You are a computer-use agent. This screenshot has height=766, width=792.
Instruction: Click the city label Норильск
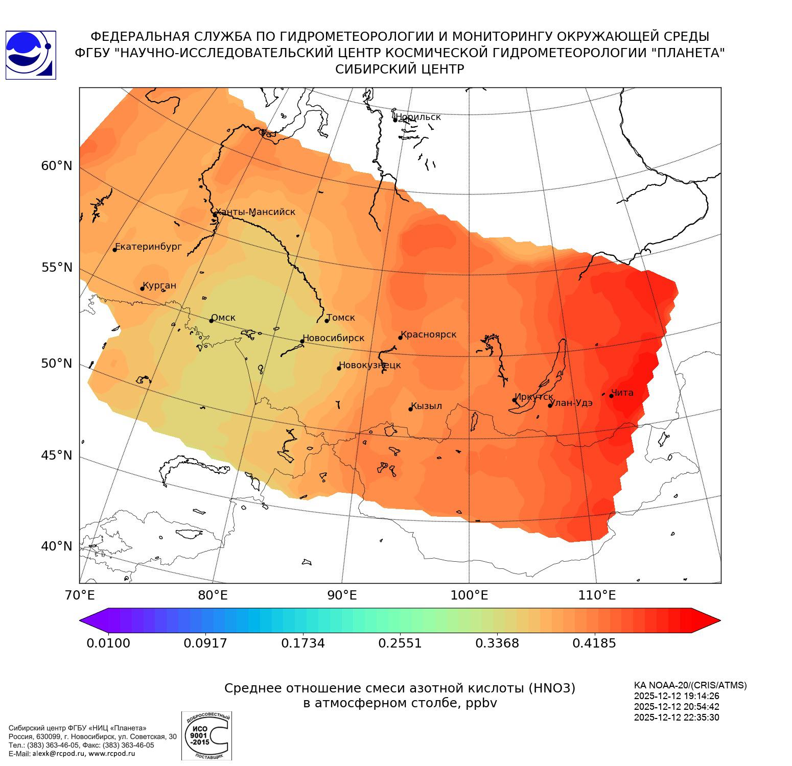(x=418, y=117)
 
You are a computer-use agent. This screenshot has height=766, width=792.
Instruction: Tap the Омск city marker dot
(x=211, y=321)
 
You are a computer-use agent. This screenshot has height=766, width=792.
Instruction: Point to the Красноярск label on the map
(x=428, y=334)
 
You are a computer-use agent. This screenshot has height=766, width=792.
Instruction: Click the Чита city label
(x=622, y=393)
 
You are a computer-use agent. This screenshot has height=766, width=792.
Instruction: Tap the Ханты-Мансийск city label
(x=255, y=212)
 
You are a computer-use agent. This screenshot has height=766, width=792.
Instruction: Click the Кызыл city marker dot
(x=410, y=409)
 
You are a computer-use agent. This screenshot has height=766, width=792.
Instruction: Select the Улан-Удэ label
(x=571, y=403)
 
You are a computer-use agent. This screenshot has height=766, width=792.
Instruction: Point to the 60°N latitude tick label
(x=57, y=166)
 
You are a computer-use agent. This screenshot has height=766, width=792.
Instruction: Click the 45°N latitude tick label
(x=57, y=455)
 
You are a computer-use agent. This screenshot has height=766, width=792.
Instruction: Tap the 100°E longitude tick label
(x=469, y=595)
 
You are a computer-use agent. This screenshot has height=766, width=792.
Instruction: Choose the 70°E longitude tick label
(x=80, y=595)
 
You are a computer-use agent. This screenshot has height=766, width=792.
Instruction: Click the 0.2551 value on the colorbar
(x=400, y=643)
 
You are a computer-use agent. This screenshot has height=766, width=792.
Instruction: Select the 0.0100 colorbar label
(x=108, y=643)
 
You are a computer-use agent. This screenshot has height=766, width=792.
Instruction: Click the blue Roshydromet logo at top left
(x=31, y=55)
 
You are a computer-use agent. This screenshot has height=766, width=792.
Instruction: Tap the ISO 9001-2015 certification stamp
(x=206, y=736)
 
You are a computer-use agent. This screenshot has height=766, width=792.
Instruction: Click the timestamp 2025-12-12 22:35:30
(x=677, y=717)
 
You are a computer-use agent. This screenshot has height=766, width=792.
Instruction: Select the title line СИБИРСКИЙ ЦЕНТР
(x=400, y=69)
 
